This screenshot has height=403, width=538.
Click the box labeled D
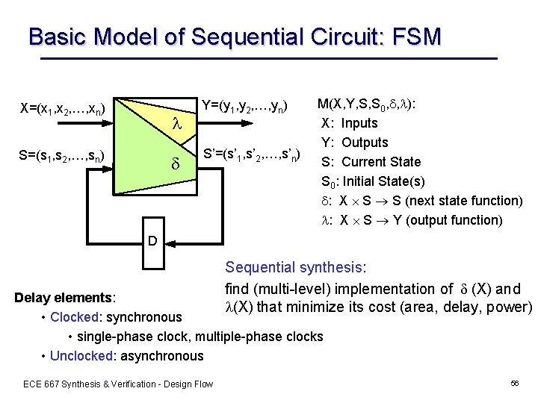(x=152, y=242)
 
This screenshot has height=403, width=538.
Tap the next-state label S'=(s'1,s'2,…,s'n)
(x=252, y=156)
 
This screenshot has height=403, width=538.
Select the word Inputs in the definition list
(x=359, y=123)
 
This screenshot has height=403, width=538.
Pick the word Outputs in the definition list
(x=365, y=143)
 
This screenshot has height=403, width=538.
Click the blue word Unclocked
(x=81, y=356)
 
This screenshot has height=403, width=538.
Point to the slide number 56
(x=514, y=384)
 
